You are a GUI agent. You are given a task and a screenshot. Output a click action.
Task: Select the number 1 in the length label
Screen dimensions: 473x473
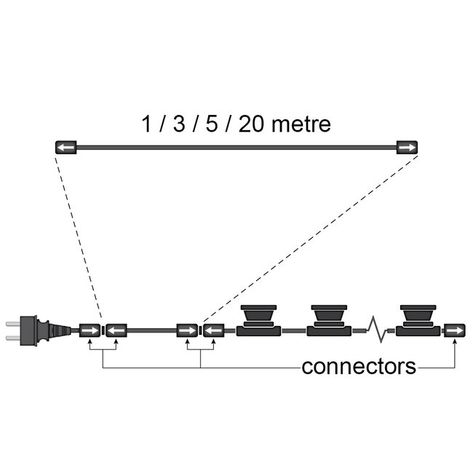click(147, 123)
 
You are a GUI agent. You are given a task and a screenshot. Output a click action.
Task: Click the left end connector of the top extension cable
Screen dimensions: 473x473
click(65, 148)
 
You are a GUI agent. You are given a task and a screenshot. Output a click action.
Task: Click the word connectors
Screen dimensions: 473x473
click(359, 366)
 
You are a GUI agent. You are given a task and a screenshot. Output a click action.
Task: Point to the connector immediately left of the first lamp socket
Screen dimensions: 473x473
click(213, 331)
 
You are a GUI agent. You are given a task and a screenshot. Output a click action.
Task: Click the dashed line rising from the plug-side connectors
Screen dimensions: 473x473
click(81, 233)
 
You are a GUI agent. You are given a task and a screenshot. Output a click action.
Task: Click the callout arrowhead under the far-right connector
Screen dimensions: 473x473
click(456, 344)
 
